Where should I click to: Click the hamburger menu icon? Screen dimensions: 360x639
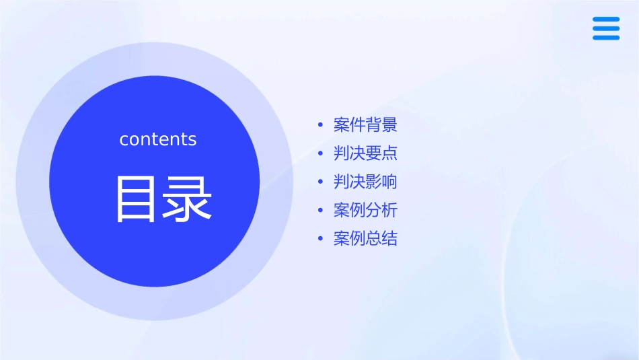606,28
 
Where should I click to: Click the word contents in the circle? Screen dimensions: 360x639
158,139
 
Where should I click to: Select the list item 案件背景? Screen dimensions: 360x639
365,125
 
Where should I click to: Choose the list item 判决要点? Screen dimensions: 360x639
365,153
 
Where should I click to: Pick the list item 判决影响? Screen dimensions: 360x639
365,182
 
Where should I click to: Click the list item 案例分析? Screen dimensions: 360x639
365,210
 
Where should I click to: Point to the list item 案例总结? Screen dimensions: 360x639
365,238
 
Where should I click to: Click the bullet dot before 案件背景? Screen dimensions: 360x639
321,125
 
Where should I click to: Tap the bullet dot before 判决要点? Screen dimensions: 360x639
321,153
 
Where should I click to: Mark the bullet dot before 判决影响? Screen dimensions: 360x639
321,182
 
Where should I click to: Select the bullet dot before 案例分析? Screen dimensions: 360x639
321,210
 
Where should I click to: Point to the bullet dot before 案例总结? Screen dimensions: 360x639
321,238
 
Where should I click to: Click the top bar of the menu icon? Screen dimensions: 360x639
606,19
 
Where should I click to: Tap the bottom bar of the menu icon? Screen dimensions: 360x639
606,38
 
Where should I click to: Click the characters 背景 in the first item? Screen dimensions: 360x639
381,125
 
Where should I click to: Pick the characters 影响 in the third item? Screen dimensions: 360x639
381,182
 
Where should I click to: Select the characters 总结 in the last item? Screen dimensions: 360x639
381,238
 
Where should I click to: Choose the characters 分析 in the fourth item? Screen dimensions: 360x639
381,210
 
